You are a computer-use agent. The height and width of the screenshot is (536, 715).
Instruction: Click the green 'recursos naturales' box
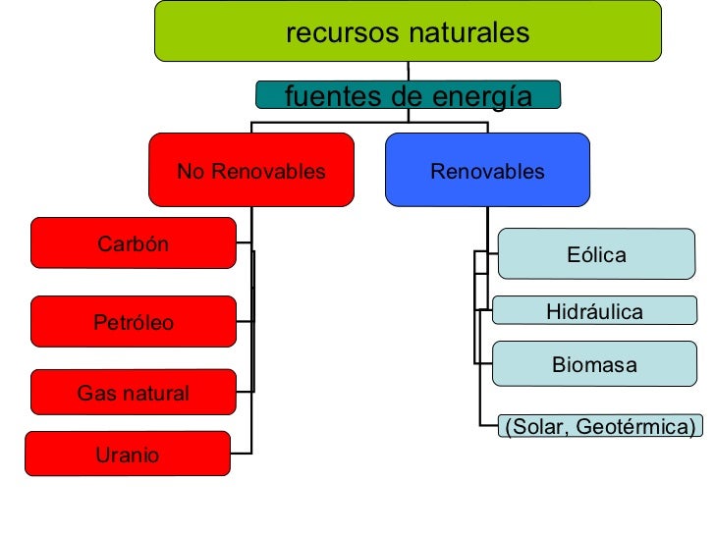(408, 31)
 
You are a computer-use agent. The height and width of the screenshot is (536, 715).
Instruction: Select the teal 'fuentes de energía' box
(408, 95)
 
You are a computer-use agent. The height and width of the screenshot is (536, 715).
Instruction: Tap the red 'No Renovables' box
(250, 170)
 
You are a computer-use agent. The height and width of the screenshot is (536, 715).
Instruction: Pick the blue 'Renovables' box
(487, 170)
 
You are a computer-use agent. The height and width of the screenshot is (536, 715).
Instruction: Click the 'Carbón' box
(134, 242)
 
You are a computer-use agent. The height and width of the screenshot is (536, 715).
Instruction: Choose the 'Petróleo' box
(134, 321)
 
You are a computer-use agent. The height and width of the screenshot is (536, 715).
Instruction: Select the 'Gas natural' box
(134, 393)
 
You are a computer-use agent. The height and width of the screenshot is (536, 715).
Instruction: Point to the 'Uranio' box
(128, 454)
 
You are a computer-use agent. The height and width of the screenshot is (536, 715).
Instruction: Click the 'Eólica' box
(596, 254)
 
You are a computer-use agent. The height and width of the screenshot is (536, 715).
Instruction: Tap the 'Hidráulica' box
(595, 311)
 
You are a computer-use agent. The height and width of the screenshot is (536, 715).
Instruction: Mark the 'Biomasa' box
(595, 364)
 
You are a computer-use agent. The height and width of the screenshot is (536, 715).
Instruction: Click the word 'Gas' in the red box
(95, 394)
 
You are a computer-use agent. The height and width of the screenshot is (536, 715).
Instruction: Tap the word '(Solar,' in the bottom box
(536, 426)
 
